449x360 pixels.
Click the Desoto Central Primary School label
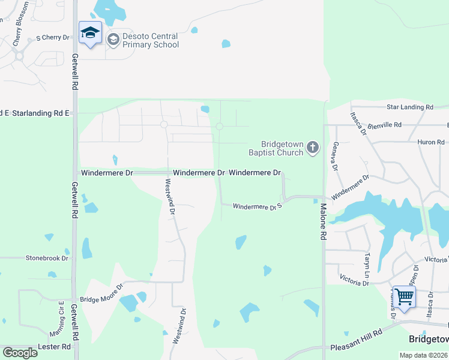[x=151, y=40]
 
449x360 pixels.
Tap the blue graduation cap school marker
[x=90, y=34]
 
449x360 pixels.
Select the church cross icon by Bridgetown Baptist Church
[x=312, y=148]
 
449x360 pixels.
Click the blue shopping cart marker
[x=404, y=297]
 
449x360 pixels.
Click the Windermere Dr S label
[x=257, y=206]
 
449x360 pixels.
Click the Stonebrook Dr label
[x=47, y=258]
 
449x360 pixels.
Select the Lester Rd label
[x=54, y=346]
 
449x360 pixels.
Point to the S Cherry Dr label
[x=53, y=37]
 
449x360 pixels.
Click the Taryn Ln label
[x=367, y=260]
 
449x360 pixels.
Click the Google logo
[x=20, y=353]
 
